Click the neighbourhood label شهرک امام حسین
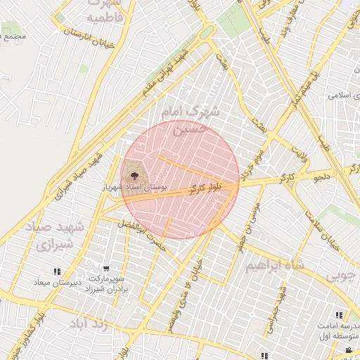tap(189, 120)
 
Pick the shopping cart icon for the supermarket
tap(105, 269)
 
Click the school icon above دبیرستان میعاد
tap(56, 271)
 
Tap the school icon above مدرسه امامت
tap(338, 316)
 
